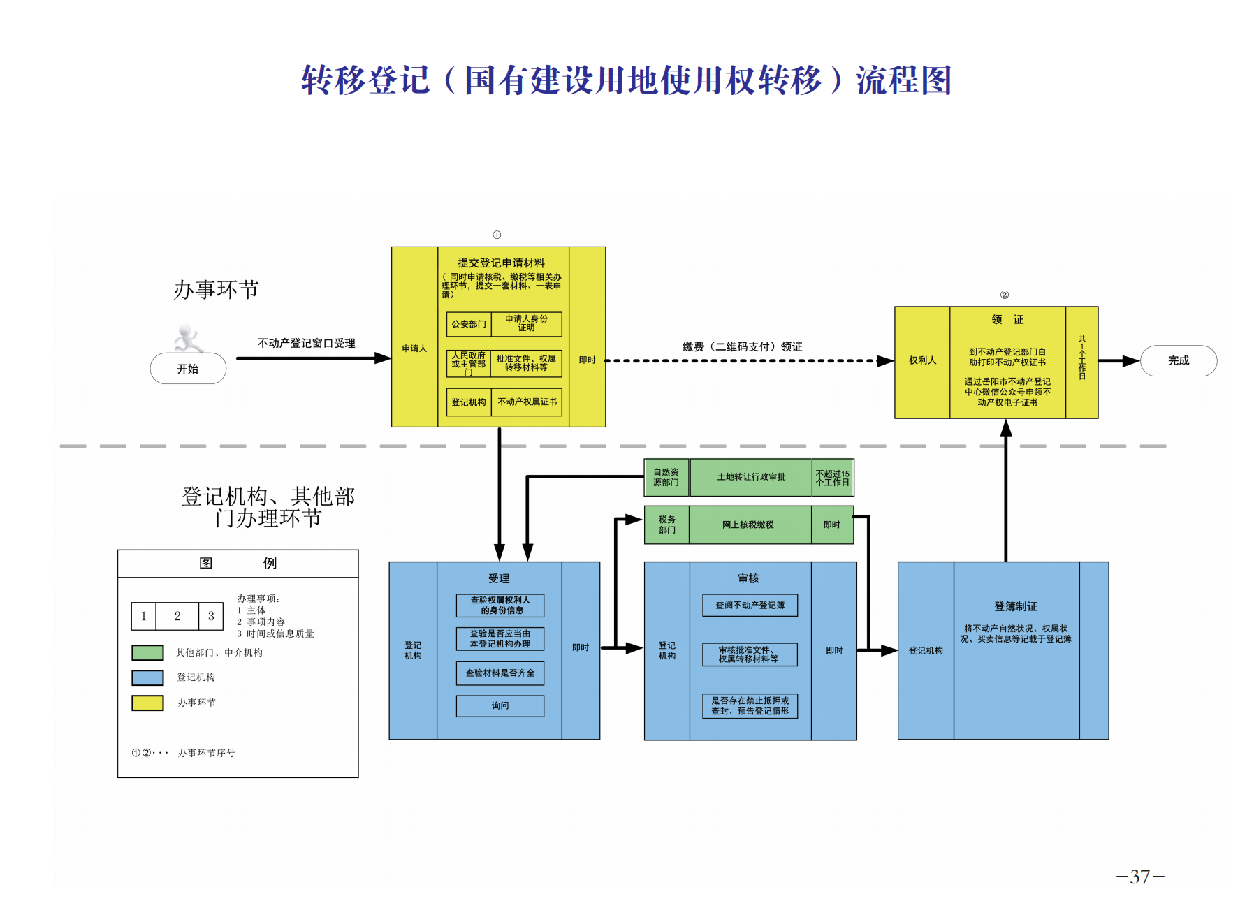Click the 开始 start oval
(x=188, y=369)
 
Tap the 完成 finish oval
(x=1178, y=360)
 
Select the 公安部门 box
(x=468, y=324)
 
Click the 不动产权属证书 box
(x=527, y=402)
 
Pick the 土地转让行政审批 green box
(x=751, y=477)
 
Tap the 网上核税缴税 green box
(x=748, y=525)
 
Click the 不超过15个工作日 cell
(x=832, y=478)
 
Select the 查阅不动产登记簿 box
(x=750, y=605)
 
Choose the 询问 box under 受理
(x=500, y=705)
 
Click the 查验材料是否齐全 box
(x=500, y=673)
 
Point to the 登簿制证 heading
(x=1016, y=606)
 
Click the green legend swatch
(x=147, y=652)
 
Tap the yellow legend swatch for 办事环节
(x=147, y=703)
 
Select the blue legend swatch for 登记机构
(x=147, y=677)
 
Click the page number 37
(x=1139, y=877)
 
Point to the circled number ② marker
(x=1004, y=295)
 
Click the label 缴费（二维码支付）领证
(x=742, y=346)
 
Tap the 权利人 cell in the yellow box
(x=922, y=360)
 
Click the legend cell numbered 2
(x=177, y=616)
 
